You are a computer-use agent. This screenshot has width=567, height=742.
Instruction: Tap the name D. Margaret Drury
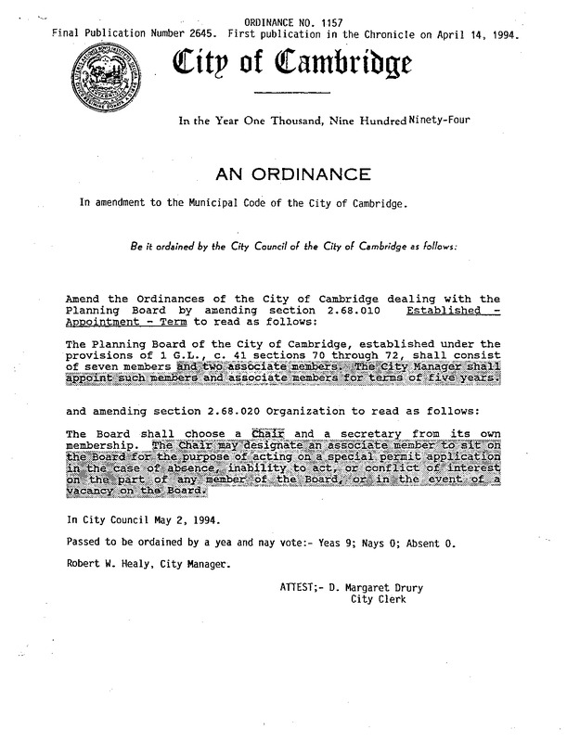(x=380, y=586)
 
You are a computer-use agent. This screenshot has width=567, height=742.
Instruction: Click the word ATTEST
(x=297, y=586)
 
